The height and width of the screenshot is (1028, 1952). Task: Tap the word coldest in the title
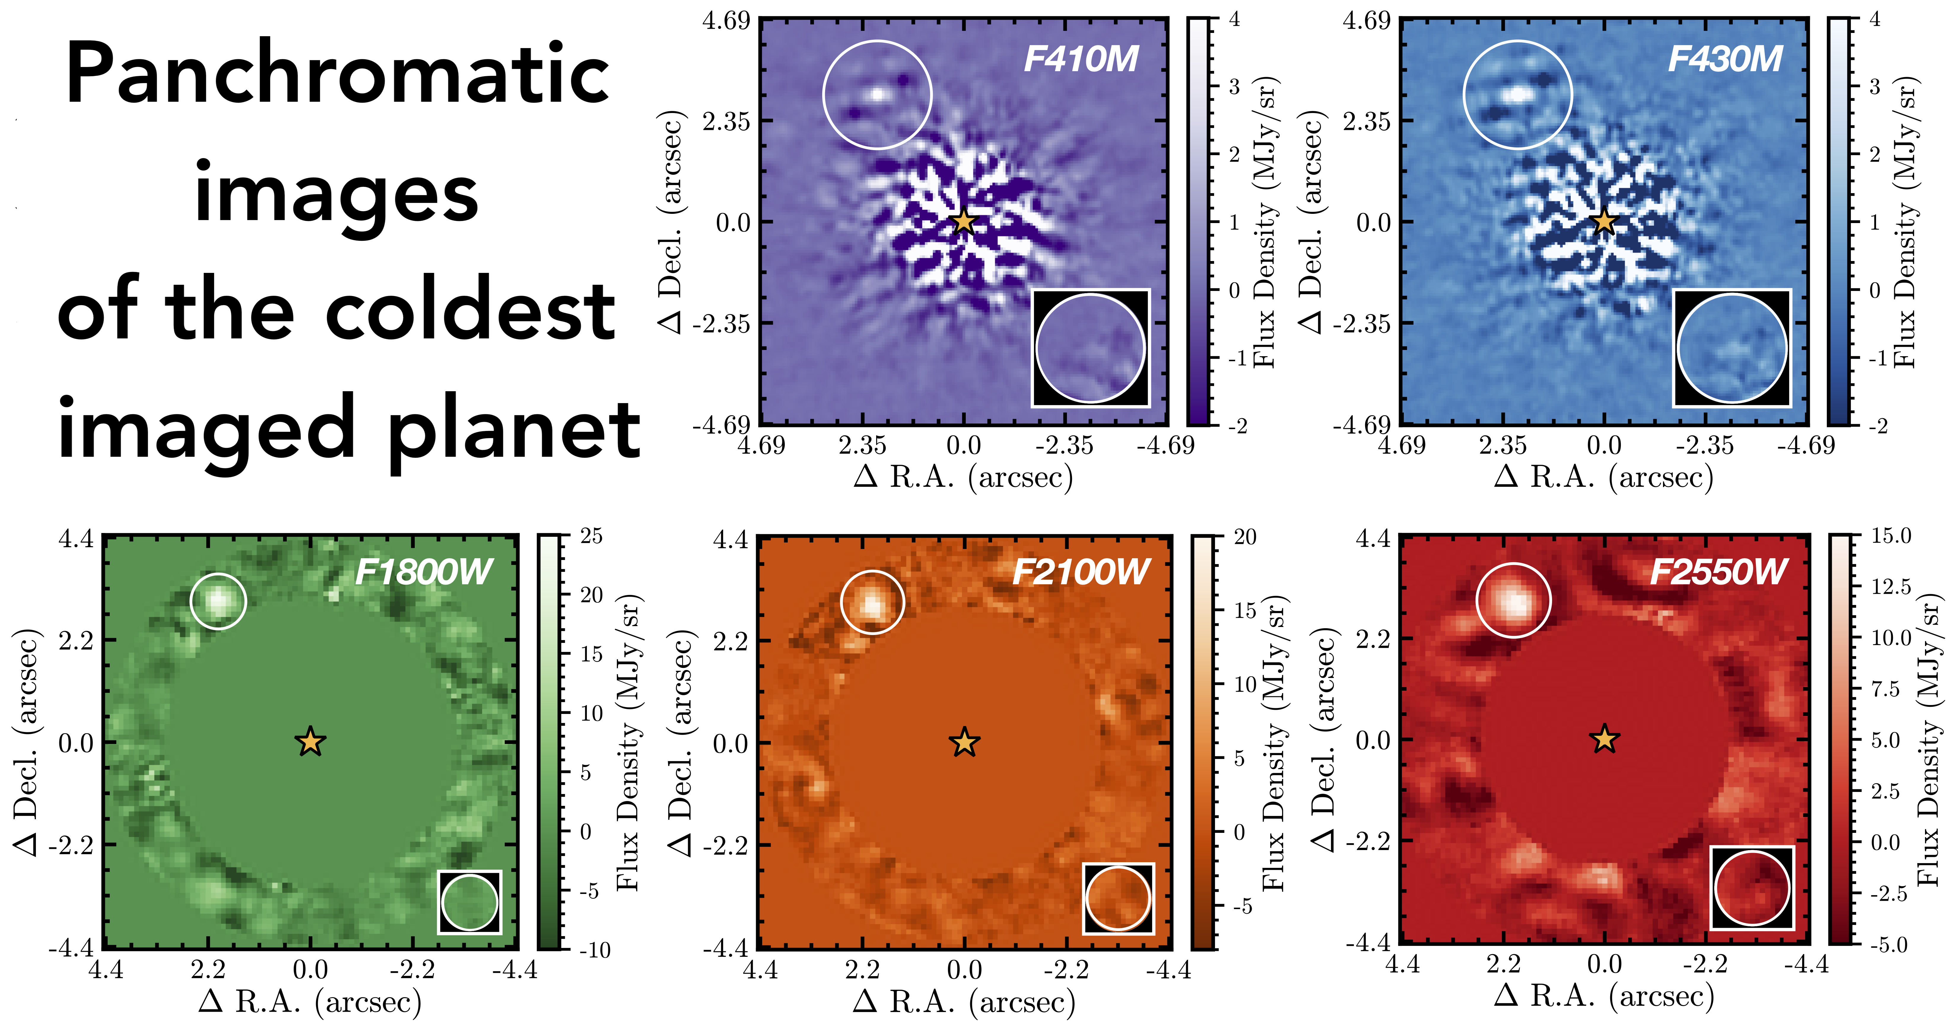coord(470,311)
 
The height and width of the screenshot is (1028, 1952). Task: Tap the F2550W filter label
coord(1718,572)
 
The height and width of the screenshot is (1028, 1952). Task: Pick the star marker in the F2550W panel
coord(1604,739)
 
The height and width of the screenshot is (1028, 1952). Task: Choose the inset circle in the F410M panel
coord(1090,348)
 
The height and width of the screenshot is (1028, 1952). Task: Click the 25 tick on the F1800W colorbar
coord(591,536)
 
